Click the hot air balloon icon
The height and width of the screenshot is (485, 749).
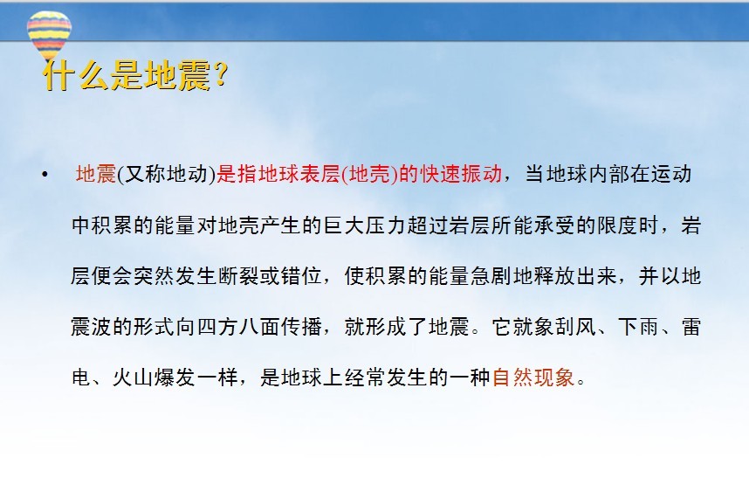click(49, 34)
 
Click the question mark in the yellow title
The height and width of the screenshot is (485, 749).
click(221, 74)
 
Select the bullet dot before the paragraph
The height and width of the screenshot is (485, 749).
click(45, 175)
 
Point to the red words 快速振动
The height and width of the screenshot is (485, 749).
click(461, 174)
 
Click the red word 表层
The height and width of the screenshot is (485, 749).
click(320, 174)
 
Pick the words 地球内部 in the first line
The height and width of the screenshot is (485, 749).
click(588, 174)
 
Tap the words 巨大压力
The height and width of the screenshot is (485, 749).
click(365, 225)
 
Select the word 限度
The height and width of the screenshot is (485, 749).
click(618, 225)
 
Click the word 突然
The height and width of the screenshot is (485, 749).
click(155, 276)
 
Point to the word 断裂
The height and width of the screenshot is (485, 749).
click(238, 276)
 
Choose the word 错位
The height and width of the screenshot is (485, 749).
click(301, 276)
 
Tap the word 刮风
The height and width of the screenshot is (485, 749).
click(575, 327)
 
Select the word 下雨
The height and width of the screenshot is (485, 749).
click(639, 327)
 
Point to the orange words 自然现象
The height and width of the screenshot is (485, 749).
click(533, 378)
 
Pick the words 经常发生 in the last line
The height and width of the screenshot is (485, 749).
click(386, 378)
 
